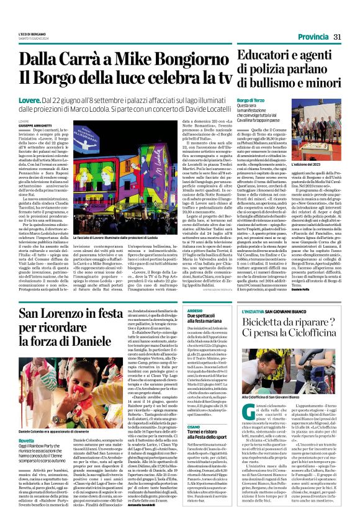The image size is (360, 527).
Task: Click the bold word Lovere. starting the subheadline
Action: (x=30, y=100)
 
